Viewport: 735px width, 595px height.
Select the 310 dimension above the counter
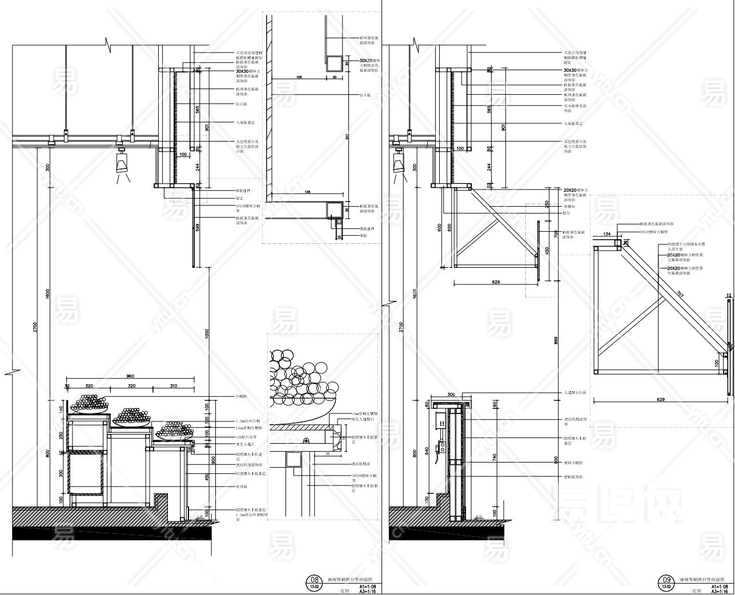click(173, 387)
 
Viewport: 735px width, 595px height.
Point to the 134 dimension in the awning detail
click(606, 233)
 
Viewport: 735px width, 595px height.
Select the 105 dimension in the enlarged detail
click(299, 76)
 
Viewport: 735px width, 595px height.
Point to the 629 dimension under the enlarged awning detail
click(661, 399)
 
